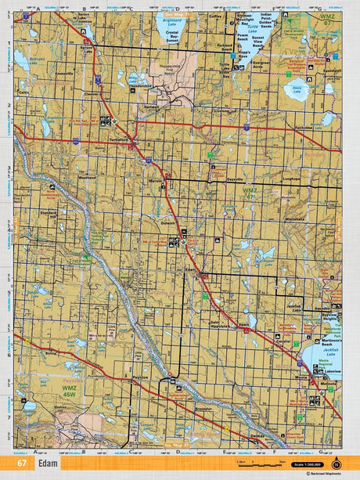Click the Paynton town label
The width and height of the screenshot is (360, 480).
tap(141, 377)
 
